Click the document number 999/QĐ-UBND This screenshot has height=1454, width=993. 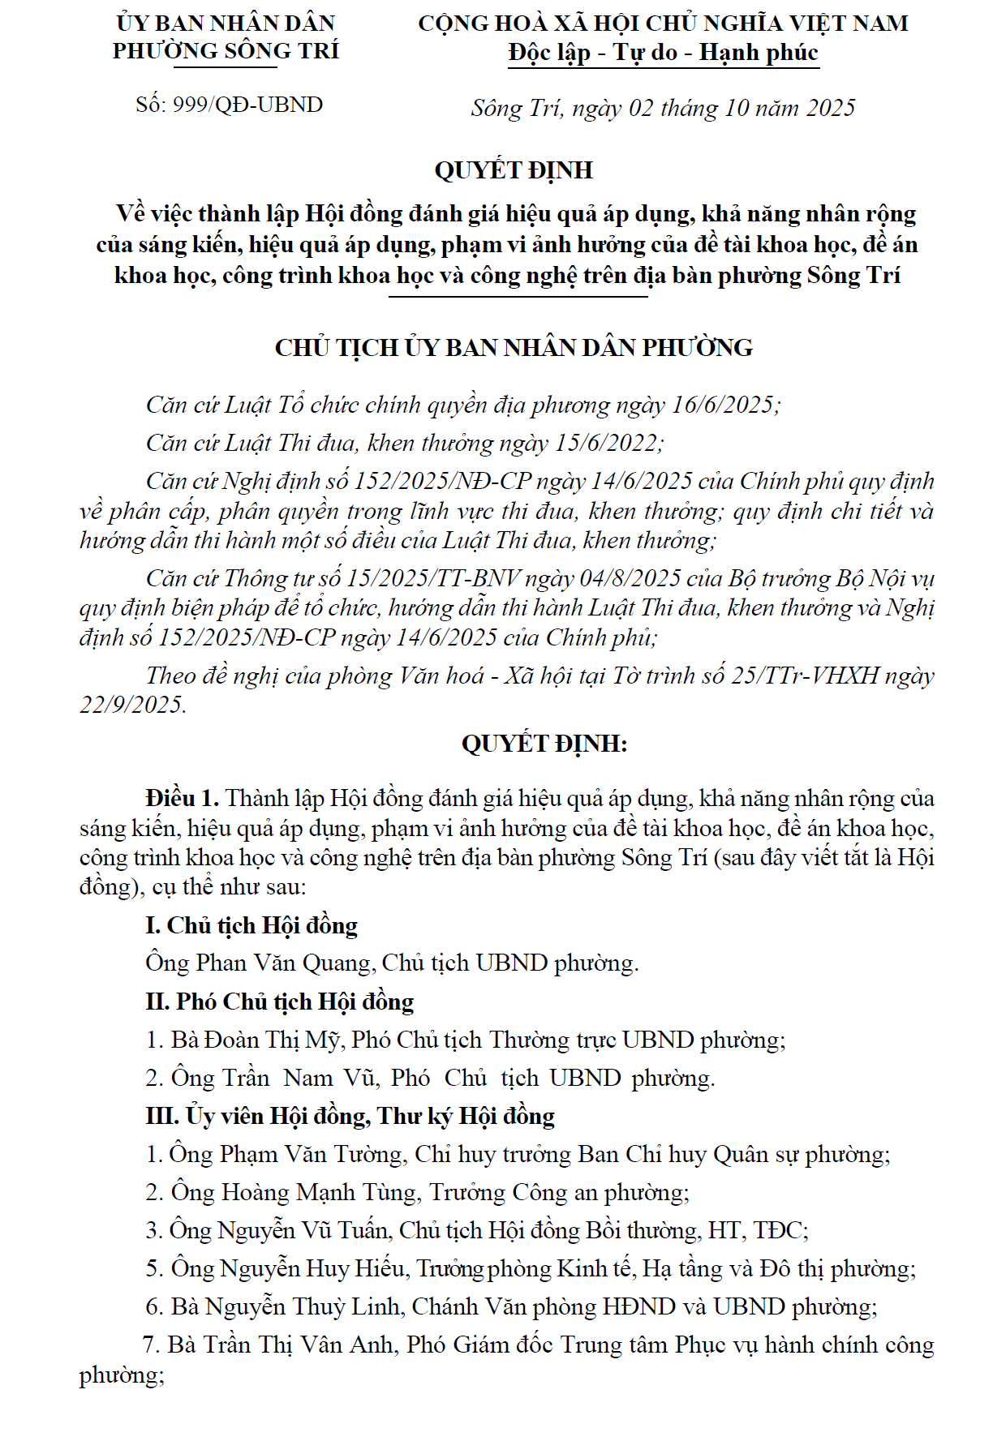tap(247, 105)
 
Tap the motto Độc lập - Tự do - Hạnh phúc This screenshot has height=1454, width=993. tap(663, 53)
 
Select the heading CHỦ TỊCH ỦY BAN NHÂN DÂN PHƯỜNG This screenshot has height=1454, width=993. tap(514, 348)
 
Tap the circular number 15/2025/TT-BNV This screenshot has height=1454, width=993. tap(432, 578)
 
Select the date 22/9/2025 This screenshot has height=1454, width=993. tap(131, 705)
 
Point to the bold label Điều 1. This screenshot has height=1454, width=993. tap(182, 798)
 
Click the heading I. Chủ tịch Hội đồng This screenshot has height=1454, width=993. tap(251, 925)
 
